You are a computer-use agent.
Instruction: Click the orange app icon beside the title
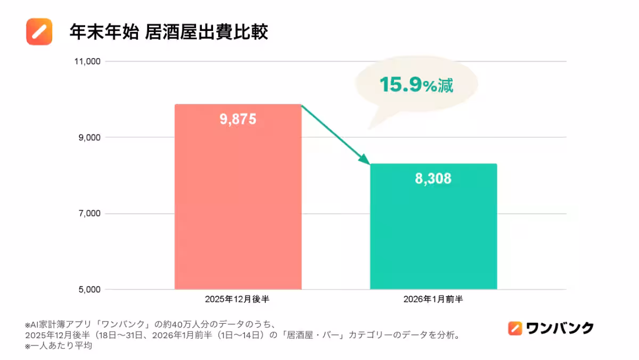pyautogui.click(x=39, y=31)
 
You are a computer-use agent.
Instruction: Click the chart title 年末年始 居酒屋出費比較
pyautogui.click(x=168, y=32)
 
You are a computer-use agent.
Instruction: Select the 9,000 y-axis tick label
pyautogui.click(x=87, y=137)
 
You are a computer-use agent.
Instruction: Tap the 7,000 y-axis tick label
pyautogui.click(x=87, y=214)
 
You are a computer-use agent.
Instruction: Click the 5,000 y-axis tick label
pyautogui.click(x=87, y=290)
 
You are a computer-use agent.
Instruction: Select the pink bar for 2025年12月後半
pyautogui.click(x=238, y=213)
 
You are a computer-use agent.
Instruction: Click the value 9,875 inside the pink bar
pyautogui.click(x=238, y=119)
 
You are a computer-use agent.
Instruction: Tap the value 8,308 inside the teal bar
pyautogui.click(x=433, y=178)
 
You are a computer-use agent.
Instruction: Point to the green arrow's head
pyautogui.click(x=365, y=159)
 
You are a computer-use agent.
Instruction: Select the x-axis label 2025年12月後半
pyautogui.click(x=237, y=299)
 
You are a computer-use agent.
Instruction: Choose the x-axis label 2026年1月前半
pyautogui.click(x=433, y=299)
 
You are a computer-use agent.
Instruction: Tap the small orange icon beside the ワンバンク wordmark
pyautogui.click(x=514, y=328)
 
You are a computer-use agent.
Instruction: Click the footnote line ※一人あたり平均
pyautogui.click(x=59, y=346)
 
